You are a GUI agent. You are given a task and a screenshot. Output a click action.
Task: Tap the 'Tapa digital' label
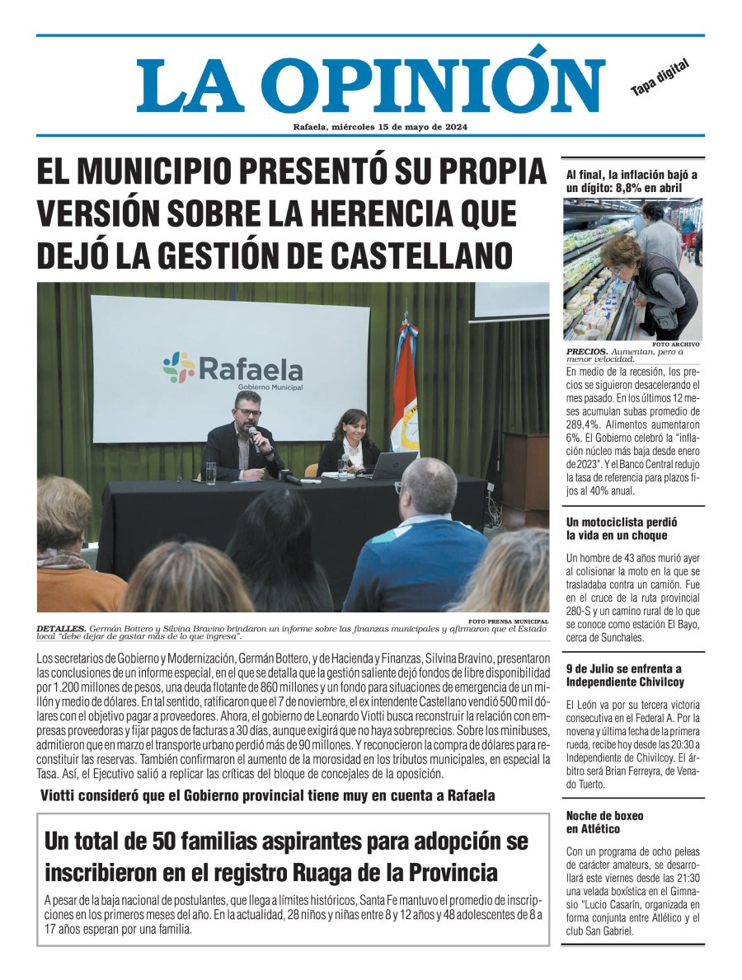click(x=660, y=78)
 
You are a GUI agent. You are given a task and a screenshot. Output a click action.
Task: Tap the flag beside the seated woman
click(x=405, y=387)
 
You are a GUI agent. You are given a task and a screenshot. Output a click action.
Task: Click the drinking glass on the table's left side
click(x=210, y=472)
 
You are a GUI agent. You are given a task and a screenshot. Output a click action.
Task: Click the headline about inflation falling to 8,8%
click(x=632, y=181)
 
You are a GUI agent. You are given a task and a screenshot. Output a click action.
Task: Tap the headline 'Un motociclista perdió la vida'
click(x=622, y=528)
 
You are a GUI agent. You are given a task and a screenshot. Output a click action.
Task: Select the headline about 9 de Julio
click(x=625, y=675)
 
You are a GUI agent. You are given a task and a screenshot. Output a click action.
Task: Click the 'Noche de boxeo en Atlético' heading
click(x=605, y=822)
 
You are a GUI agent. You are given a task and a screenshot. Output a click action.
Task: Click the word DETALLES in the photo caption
click(x=60, y=628)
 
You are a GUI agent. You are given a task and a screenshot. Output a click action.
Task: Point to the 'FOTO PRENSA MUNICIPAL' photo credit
click(x=508, y=621)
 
